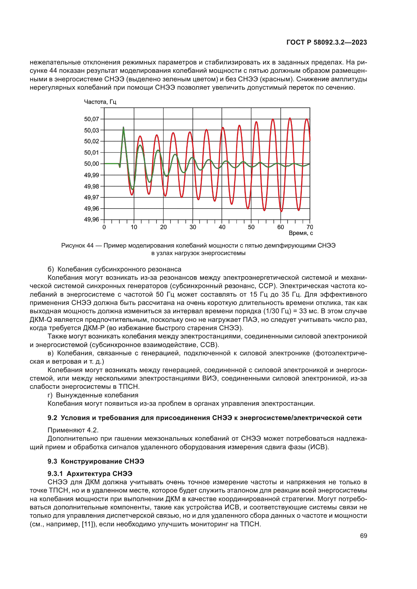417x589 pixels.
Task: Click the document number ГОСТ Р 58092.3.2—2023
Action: (326, 42)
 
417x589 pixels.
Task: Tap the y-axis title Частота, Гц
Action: (100, 102)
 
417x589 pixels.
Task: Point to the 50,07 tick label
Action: (92, 119)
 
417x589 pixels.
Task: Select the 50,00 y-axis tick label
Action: (92, 164)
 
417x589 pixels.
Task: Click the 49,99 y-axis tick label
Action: (92, 175)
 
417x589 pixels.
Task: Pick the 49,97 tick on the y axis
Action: (92, 197)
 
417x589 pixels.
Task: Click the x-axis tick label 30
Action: (193, 227)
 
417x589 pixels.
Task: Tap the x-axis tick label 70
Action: (310, 227)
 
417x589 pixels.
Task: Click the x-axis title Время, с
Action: (301, 233)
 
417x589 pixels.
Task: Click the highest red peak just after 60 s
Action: (290, 119)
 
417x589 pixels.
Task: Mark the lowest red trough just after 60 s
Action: (281, 211)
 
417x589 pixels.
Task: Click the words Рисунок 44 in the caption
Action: (77, 246)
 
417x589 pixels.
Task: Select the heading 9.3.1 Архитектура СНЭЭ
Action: (90, 474)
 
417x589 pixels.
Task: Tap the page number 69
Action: (363, 536)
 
